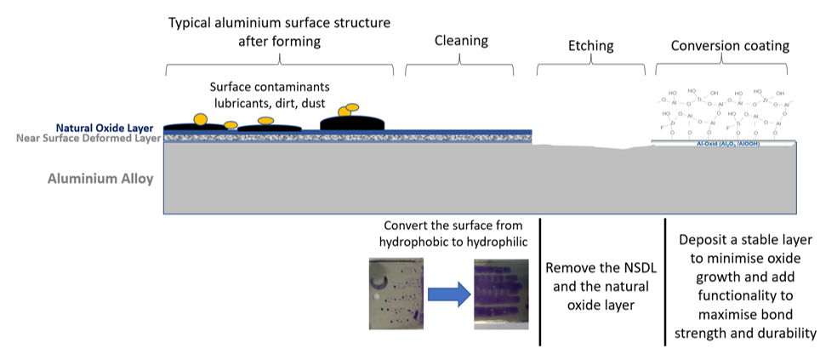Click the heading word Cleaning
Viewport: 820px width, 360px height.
point(461,40)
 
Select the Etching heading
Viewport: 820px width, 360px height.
point(589,45)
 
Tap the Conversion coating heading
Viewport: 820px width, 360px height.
point(730,45)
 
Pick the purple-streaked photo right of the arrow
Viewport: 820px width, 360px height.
point(503,294)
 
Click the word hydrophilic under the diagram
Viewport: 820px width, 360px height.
point(495,242)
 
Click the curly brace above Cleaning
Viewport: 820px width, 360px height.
point(461,64)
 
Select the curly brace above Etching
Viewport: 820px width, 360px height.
point(590,65)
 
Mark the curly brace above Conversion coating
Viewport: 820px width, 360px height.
point(729,63)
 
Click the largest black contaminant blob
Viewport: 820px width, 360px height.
point(352,123)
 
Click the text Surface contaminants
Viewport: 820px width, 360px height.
point(270,87)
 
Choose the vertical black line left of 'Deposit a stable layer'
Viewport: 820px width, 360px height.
point(664,282)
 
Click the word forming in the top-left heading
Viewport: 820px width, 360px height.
point(305,40)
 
